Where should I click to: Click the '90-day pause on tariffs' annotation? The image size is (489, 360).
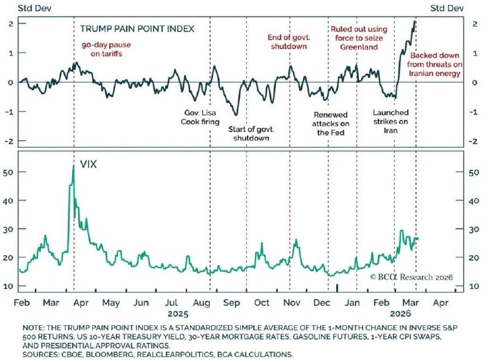tap(106, 49)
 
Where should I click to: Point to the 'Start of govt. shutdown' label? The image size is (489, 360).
tap(251, 133)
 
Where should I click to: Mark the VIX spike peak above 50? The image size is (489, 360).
tap(73, 166)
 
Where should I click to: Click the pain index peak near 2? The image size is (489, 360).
tap(414, 22)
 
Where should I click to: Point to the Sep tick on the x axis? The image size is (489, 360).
tap(231, 303)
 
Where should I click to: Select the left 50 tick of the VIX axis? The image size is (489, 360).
tap(23, 172)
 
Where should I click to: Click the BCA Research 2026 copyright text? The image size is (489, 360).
tap(411, 277)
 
